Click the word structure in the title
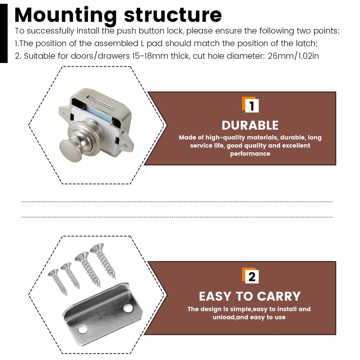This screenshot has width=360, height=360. pos(173,15)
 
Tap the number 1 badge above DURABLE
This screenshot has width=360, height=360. pos(251,105)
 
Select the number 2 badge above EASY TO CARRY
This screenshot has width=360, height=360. pos(251,276)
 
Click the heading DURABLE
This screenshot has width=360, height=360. pos(250,125)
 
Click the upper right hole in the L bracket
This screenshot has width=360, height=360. pos(128,308)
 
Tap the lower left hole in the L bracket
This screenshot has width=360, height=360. pos(82,329)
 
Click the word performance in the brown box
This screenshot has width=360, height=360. pos(250,154)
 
